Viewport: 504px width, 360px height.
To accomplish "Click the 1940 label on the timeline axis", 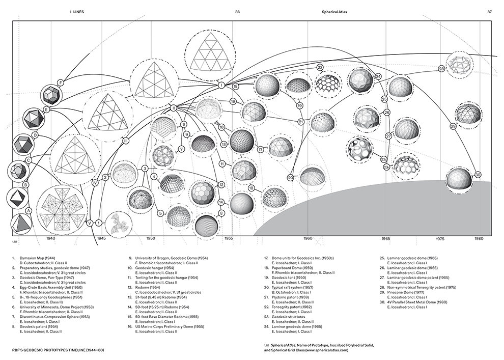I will (50, 238).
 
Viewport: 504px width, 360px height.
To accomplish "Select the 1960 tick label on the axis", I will (307, 238).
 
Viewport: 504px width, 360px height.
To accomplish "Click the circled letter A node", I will (29, 210).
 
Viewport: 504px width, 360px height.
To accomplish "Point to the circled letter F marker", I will (61, 83).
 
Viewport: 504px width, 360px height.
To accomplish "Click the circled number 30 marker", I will (478, 175).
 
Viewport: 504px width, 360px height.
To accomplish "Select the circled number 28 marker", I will (441, 69).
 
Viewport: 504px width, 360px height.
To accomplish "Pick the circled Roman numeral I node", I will (221, 86).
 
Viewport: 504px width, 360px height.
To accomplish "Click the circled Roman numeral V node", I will (90, 223).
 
